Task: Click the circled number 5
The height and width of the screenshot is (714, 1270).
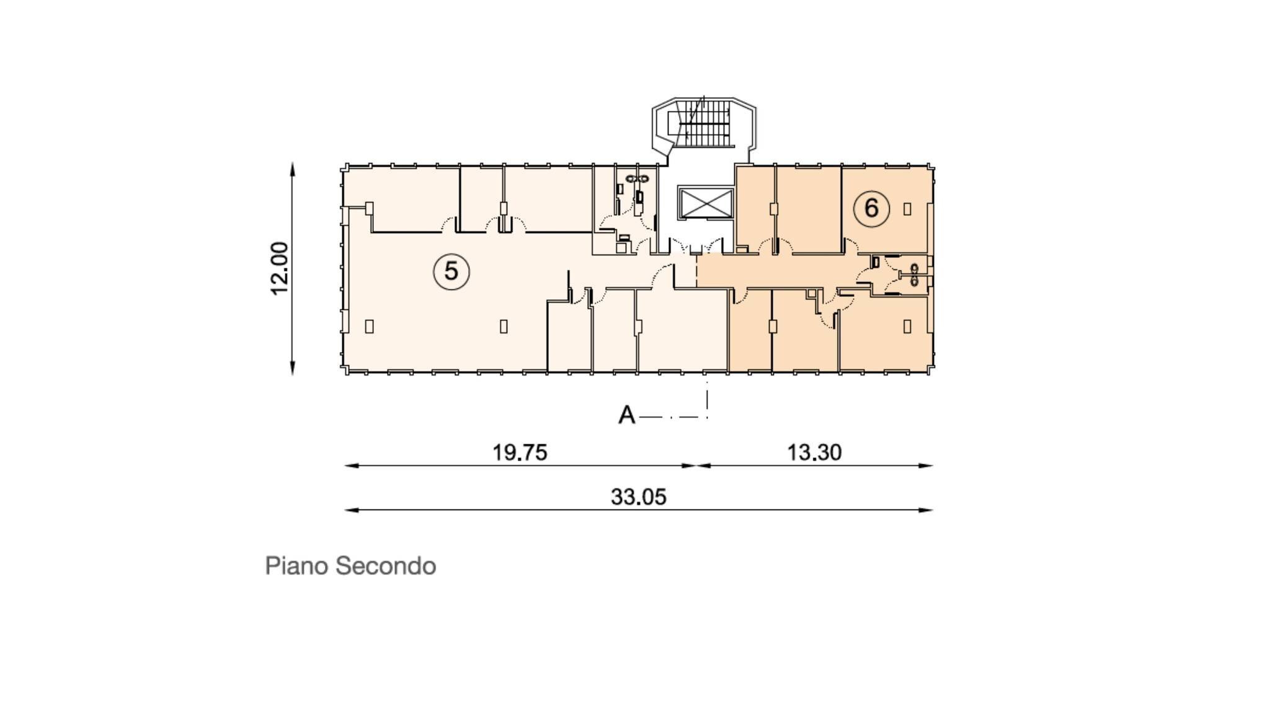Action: [451, 271]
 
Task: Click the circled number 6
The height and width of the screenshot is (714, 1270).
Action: [871, 208]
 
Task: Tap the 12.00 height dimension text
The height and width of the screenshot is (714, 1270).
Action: [280, 268]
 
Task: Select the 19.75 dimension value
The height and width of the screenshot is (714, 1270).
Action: [520, 452]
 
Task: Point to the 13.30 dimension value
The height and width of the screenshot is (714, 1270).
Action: [814, 452]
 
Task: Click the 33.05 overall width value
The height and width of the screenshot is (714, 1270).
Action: [638, 497]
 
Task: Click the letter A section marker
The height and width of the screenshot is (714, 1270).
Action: [627, 415]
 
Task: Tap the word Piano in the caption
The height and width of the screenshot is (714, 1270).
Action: [297, 566]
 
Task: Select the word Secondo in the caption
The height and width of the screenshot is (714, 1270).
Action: [385, 566]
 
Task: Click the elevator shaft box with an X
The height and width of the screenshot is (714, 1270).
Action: [706, 203]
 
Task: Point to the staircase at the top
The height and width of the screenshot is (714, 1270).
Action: [704, 125]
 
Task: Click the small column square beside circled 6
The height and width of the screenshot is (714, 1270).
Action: [907, 209]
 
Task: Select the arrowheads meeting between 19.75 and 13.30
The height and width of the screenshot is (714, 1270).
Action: [696, 465]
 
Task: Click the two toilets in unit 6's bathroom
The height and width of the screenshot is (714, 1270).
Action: [915, 275]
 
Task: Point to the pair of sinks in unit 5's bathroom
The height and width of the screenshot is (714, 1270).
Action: [637, 178]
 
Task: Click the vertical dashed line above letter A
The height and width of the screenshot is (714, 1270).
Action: [707, 397]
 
